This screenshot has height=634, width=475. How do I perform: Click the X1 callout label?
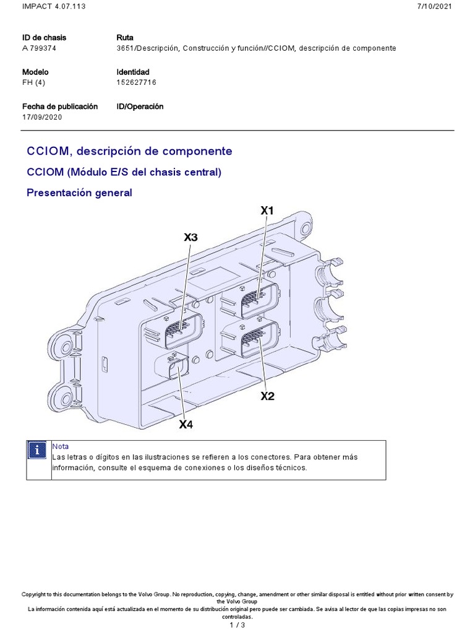[267, 211]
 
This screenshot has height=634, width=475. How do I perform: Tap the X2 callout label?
[267, 396]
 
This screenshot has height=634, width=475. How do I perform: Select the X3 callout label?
[191, 237]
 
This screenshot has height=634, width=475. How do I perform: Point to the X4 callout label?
[186, 425]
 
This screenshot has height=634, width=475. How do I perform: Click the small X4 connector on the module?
[178, 371]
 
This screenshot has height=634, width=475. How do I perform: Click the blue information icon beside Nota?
[38, 450]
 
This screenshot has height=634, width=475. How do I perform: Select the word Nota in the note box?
[61, 446]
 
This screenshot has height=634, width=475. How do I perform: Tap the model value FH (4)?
[35, 82]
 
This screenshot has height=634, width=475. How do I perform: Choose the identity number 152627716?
[137, 82]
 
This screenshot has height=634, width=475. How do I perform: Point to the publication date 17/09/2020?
[41, 117]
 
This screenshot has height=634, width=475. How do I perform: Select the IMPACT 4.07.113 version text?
[46, 6]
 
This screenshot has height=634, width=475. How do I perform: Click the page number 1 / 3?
[237, 626]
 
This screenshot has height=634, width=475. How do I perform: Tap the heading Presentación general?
[79, 193]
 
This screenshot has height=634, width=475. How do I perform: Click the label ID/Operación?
[140, 106]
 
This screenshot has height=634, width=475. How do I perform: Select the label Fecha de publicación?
[60, 106]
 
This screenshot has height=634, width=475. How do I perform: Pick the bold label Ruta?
[124, 38]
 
